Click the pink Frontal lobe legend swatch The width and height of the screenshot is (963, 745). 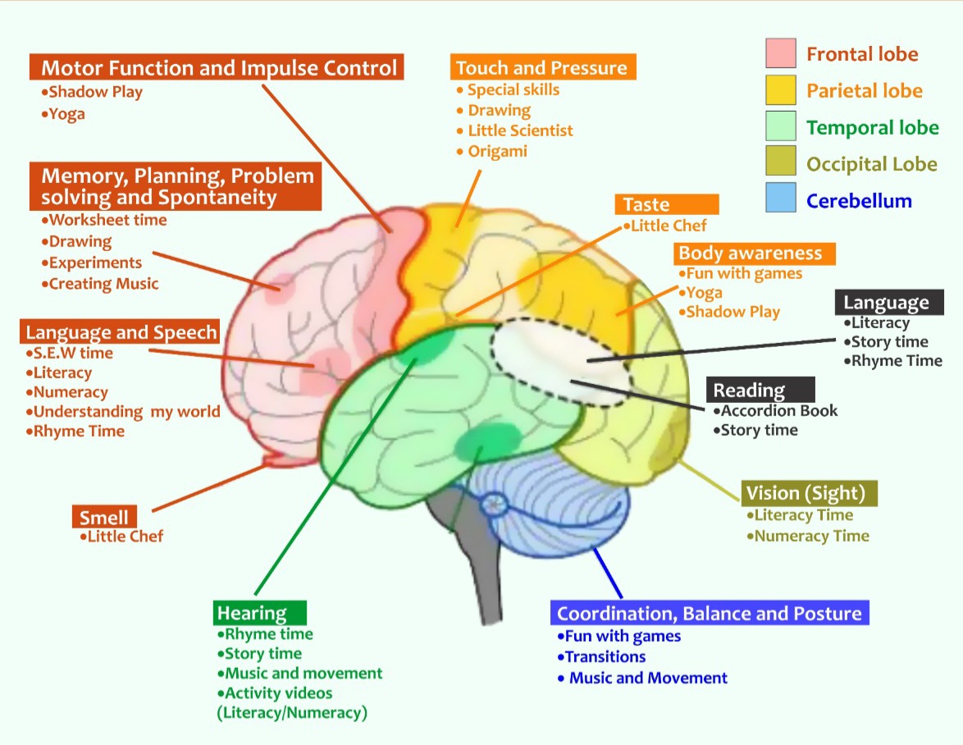780,53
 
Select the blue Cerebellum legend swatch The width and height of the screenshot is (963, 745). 780,199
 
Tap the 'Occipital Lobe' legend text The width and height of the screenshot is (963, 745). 872,163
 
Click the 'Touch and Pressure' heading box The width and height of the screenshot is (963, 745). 541,67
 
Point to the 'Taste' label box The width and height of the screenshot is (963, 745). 666,204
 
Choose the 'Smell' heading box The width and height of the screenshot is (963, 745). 104,517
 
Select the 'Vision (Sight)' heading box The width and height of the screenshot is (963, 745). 809,493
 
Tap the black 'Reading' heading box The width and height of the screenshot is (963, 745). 760,390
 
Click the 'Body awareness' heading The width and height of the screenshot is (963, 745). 754,253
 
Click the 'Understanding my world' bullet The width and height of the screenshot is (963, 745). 126,412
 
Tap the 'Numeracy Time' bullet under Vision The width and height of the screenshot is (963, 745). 811,536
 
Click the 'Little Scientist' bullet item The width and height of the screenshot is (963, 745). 520,130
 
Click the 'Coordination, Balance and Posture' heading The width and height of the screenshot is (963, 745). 709,613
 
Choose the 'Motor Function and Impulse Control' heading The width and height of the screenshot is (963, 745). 218,67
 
